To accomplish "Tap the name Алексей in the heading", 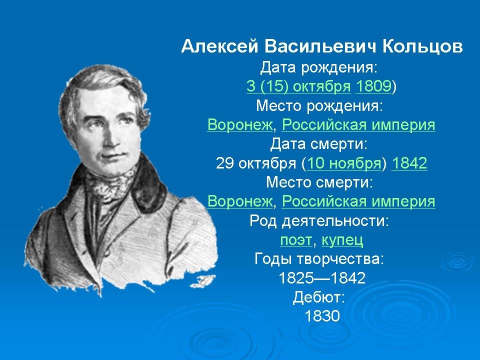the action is [x=219, y=47].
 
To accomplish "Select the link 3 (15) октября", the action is [x=298, y=86].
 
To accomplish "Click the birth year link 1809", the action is [x=373, y=86].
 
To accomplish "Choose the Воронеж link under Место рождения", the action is [x=240, y=124].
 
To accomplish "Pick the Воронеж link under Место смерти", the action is [x=240, y=201].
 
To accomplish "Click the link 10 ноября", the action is [x=343, y=163].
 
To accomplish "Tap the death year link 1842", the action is [x=409, y=163].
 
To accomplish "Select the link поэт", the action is [x=296, y=240].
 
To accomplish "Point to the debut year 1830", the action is [x=322, y=316].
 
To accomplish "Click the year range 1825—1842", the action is [x=322, y=278].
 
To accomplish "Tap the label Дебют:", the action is [x=319, y=297].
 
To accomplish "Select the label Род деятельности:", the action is [x=319, y=221].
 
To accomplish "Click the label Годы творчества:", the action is [x=319, y=259].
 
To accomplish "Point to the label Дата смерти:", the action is [x=318, y=144].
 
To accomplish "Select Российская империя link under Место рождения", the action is [x=358, y=125].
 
